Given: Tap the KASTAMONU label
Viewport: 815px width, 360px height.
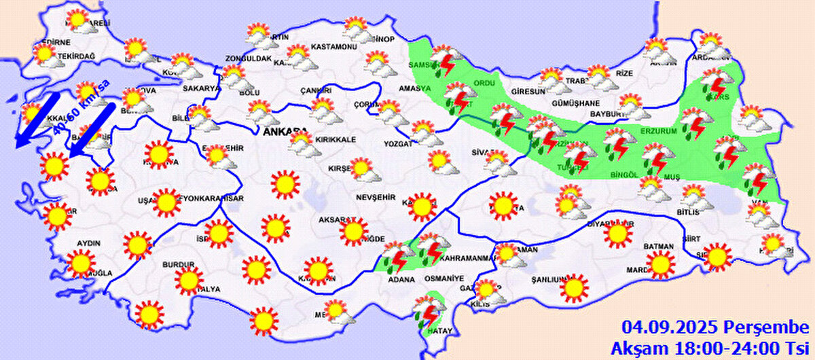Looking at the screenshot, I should pos(333,47).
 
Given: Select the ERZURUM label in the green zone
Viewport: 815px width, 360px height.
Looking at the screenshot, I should pos(659,130).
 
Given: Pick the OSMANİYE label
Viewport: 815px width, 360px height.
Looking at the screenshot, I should pos(444,278).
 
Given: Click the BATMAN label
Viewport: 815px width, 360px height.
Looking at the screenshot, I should pos(659,246).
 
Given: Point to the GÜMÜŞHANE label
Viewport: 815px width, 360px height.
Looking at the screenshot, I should pos(575,103).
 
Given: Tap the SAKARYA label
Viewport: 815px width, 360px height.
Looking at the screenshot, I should pos(201,88).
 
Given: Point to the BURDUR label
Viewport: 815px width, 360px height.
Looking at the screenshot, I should pos(179,265).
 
